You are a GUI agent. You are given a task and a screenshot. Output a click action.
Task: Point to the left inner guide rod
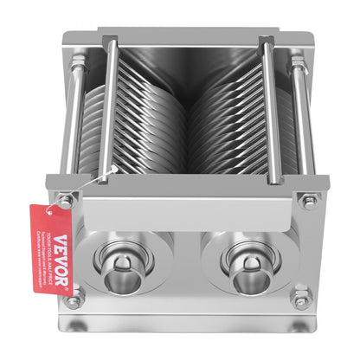pos(106,104)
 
